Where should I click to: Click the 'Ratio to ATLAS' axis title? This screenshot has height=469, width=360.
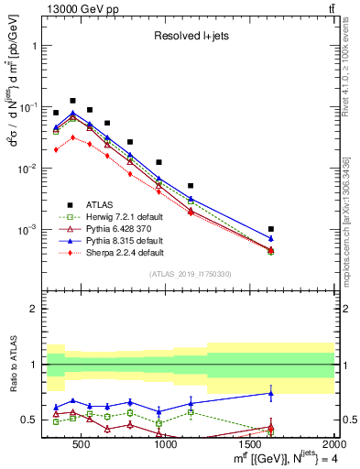[12, 365]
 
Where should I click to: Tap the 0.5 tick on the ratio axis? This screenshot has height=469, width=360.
[32, 420]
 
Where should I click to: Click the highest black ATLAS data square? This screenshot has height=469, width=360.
[72, 101]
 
